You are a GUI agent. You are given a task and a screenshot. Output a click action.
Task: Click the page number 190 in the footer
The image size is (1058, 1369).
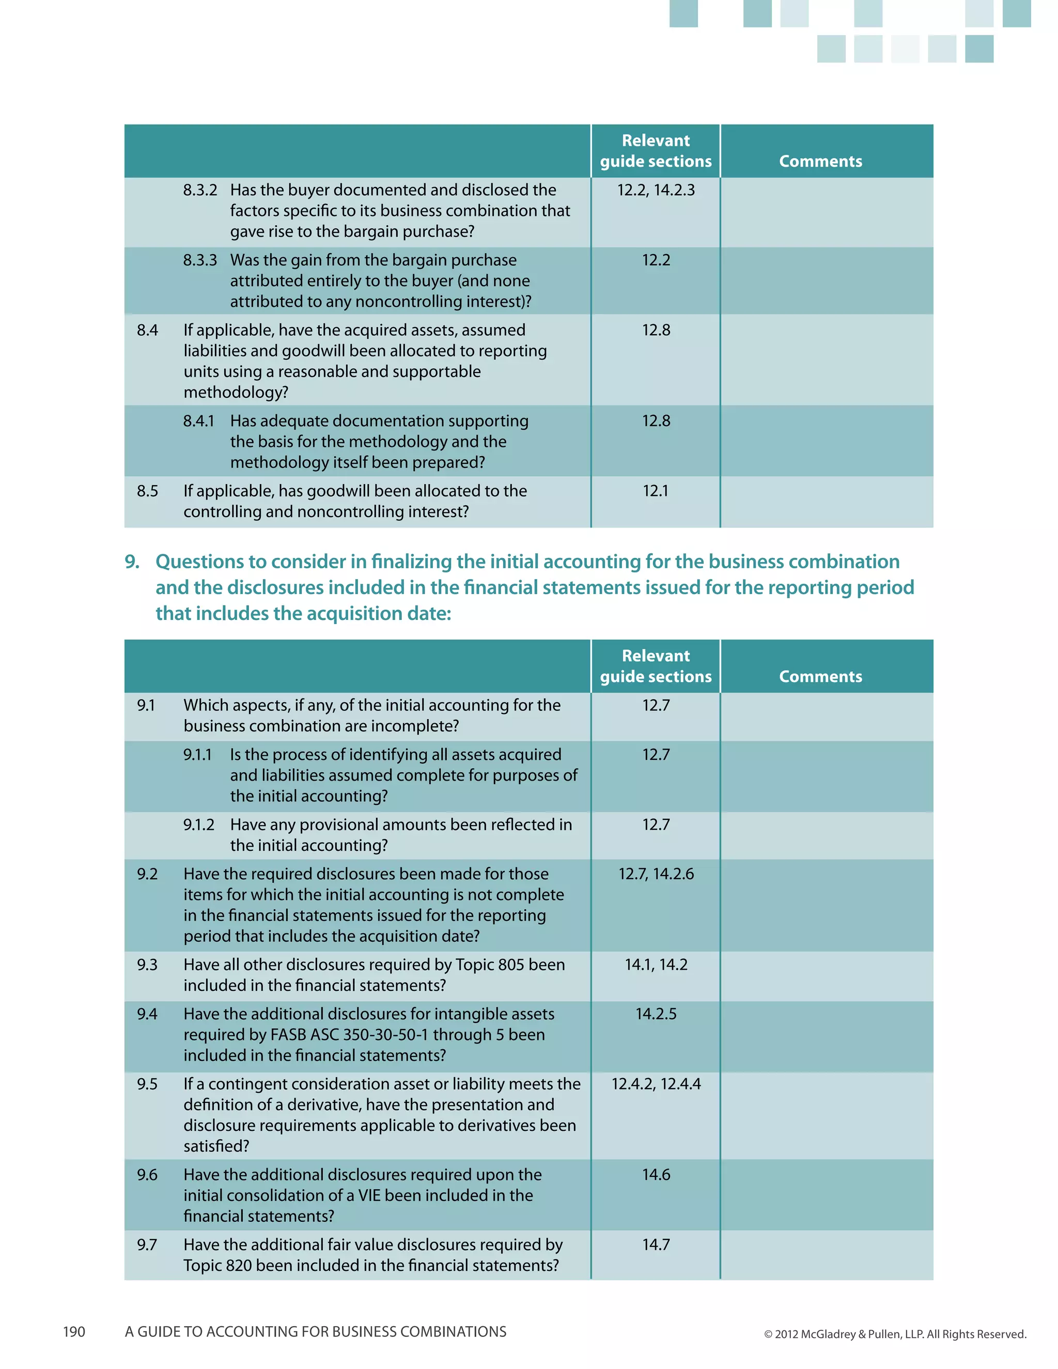tap(74, 1331)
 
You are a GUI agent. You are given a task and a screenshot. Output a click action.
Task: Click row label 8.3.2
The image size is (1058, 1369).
tap(200, 190)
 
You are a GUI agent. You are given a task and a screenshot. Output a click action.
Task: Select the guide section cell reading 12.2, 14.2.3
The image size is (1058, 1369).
tap(656, 190)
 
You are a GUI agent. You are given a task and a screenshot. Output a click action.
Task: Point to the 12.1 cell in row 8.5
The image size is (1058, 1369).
tap(656, 491)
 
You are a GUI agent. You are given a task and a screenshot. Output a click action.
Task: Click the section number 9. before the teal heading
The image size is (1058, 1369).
tap(132, 562)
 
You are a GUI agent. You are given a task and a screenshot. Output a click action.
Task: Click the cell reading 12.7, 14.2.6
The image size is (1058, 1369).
tap(656, 874)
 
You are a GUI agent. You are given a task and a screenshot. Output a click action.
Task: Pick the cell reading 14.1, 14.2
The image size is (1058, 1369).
tap(656, 964)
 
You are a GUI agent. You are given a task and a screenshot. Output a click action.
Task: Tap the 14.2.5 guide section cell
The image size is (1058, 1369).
tap(656, 1014)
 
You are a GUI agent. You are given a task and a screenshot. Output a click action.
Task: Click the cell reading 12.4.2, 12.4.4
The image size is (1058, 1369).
tap(656, 1084)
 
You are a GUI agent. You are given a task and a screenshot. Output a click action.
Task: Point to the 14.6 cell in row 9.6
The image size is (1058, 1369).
tap(656, 1175)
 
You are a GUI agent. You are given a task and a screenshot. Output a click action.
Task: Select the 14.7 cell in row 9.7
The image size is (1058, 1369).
tap(656, 1244)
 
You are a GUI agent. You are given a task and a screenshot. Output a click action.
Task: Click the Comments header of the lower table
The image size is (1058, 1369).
tap(820, 676)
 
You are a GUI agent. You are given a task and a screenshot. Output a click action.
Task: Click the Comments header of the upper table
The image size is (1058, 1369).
tap(820, 161)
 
